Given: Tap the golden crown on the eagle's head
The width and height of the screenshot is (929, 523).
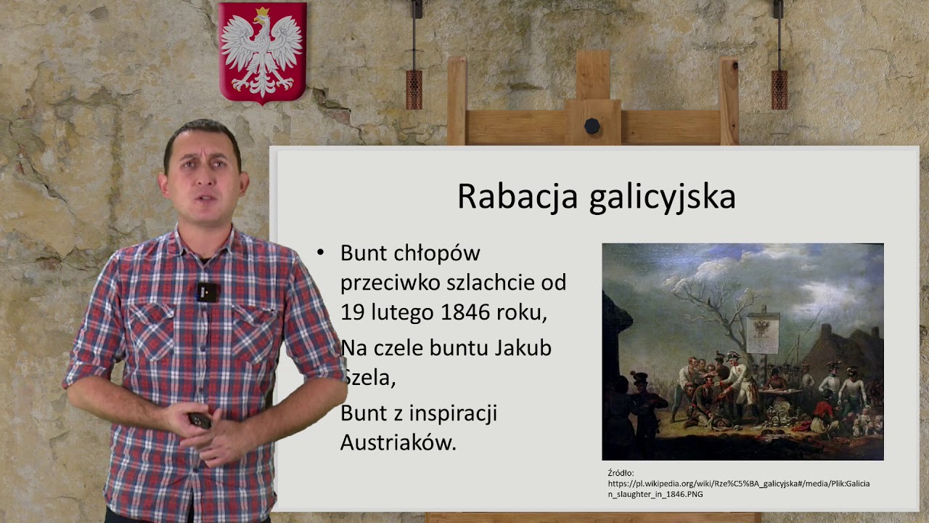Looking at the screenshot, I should [262, 12].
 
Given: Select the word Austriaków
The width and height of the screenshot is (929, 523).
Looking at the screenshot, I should [398, 442].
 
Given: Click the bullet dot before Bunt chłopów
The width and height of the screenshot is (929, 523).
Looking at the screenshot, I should [320, 253].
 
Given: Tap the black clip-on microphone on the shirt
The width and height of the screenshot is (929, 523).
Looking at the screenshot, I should [207, 292].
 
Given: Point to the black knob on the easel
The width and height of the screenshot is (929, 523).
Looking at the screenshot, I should [592, 126].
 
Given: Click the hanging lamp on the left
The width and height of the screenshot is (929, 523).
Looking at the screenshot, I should [414, 89].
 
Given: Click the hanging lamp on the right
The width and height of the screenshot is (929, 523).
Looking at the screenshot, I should [779, 89].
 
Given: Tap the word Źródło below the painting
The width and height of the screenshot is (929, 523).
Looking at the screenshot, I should [621, 473].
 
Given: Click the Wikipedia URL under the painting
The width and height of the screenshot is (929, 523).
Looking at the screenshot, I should [737, 484].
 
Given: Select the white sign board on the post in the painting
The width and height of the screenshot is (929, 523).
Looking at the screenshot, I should [763, 333].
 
